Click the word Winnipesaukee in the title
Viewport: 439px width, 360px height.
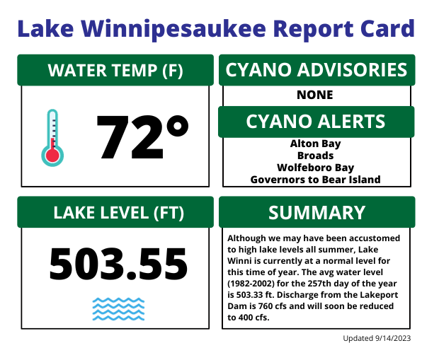[173, 30]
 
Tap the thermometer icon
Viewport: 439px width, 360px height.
[52, 138]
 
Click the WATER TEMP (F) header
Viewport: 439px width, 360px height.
[115, 70]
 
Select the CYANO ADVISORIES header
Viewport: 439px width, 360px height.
[317, 70]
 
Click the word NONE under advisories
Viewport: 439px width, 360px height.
[315, 95]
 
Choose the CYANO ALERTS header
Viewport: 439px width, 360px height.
[316, 122]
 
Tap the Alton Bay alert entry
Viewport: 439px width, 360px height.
[316, 144]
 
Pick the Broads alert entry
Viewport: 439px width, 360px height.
[316, 156]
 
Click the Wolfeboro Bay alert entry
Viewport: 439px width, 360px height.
[316, 168]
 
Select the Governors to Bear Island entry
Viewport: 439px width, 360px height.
[316, 180]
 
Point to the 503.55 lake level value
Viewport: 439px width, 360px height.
[118, 264]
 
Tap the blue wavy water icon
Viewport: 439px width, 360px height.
[118, 309]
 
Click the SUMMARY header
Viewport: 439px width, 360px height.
[317, 212]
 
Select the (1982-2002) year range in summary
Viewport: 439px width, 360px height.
[251, 284]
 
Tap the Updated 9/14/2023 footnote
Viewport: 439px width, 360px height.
[377, 339]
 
